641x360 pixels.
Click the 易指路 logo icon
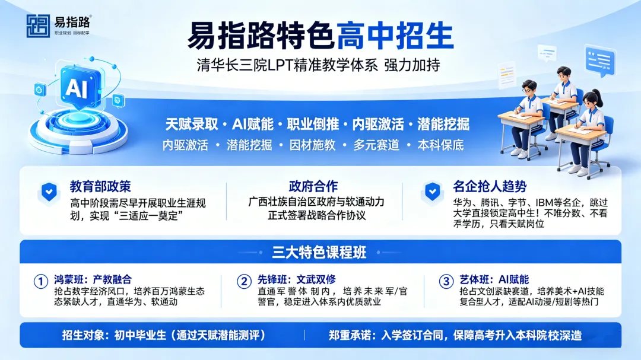tap(38, 26)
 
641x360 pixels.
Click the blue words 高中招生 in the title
tap(395, 36)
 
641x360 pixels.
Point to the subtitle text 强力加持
tap(412, 65)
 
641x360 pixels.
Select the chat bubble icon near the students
tap(599, 60)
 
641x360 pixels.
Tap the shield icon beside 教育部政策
tap(49, 191)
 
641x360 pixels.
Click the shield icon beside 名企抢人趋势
tap(431, 191)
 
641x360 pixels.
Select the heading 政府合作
tap(313, 186)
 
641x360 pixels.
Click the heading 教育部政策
tap(100, 186)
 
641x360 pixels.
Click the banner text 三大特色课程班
tap(320, 252)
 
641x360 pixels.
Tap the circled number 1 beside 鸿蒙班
tap(40, 281)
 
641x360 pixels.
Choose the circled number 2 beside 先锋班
tap(243, 281)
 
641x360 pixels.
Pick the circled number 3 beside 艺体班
tap(446, 281)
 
